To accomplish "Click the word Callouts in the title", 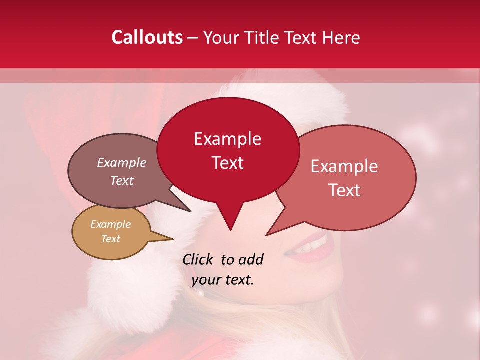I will (147, 37).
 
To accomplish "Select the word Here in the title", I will (341, 37).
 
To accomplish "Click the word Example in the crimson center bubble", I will (227, 139).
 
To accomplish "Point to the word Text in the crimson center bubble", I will (227, 163).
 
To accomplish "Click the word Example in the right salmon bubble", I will (344, 166).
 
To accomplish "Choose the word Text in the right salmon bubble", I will (345, 190).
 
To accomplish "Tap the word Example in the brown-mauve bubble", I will (121, 162).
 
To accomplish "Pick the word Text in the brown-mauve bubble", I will (121, 180).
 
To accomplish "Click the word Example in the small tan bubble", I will (110, 224).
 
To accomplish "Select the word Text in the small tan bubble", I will (110, 239).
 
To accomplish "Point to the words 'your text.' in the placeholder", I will (223, 280).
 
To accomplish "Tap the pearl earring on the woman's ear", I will (200, 293).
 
